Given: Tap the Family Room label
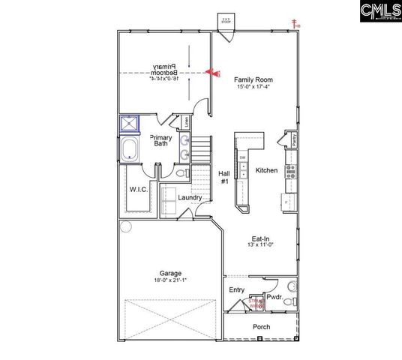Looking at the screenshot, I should [x=253, y=79].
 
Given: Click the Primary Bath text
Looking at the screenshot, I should [x=161, y=140].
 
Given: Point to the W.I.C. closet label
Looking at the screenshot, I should [x=137, y=189].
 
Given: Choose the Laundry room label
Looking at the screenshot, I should [x=190, y=198].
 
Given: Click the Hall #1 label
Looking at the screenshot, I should [x=223, y=177].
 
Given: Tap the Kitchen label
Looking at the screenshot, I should [x=266, y=171].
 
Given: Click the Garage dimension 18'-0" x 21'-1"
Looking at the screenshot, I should [x=169, y=280].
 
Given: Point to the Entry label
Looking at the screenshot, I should [x=236, y=289].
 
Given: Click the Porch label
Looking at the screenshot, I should [x=261, y=328].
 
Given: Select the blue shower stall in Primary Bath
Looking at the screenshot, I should [x=130, y=124].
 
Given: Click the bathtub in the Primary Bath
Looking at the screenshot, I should [x=130, y=148].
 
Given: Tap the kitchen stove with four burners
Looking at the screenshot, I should [x=291, y=170].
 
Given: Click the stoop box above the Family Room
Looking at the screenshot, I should [x=226, y=20].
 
